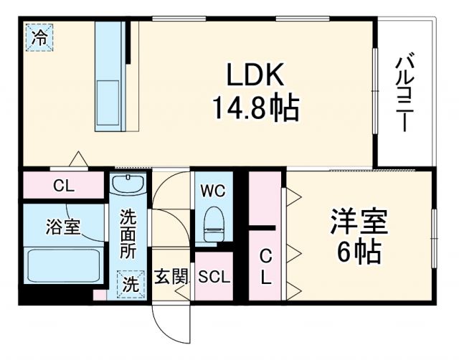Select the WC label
pos(214,191)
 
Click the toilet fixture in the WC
pos(214,223)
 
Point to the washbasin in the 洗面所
pos(129,185)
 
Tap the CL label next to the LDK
pos(64,186)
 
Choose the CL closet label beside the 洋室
pos(265,267)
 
